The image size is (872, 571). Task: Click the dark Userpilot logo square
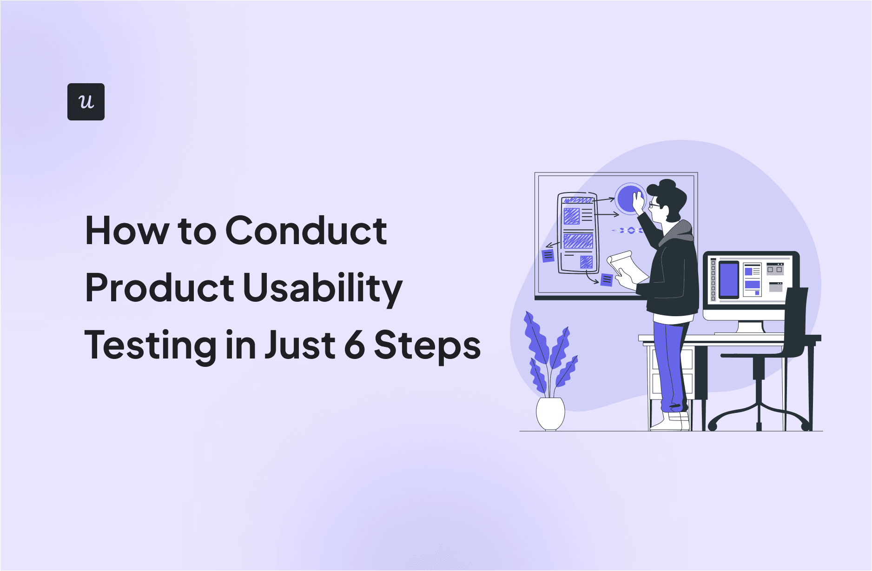coord(86,102)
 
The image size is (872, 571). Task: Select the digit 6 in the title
coord(355,345)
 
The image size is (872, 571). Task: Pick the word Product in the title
coord(159,288)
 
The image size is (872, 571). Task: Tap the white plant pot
coord(550,413)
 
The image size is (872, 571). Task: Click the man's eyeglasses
coord(654,205)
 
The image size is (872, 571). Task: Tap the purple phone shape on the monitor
coord(728,279)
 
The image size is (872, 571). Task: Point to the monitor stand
coord(750,327)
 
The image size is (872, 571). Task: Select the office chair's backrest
coord(795,321)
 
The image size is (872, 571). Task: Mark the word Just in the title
coord(299,345)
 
